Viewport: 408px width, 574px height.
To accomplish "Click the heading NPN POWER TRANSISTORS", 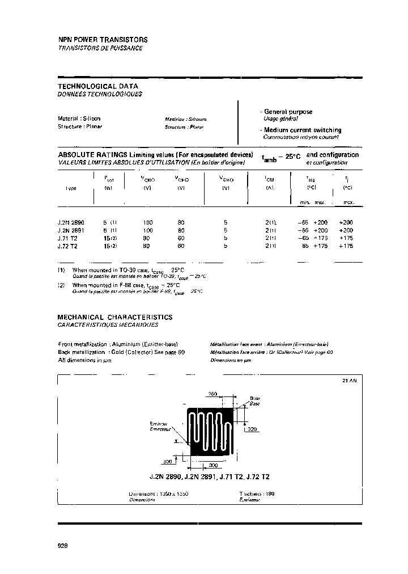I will tap(103, 40).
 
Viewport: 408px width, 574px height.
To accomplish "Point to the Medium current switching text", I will tap(302, 130).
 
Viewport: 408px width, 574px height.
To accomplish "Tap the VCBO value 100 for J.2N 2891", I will tap(148, 231).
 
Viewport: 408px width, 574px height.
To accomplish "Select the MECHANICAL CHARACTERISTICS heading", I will tap(115, 317).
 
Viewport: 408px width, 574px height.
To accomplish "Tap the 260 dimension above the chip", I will tap(213, 394).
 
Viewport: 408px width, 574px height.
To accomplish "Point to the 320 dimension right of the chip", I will tap(252, 429).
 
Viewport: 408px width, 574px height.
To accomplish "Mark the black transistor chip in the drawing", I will tap(211, 432).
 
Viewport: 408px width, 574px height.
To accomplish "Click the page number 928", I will tap(63, 545).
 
